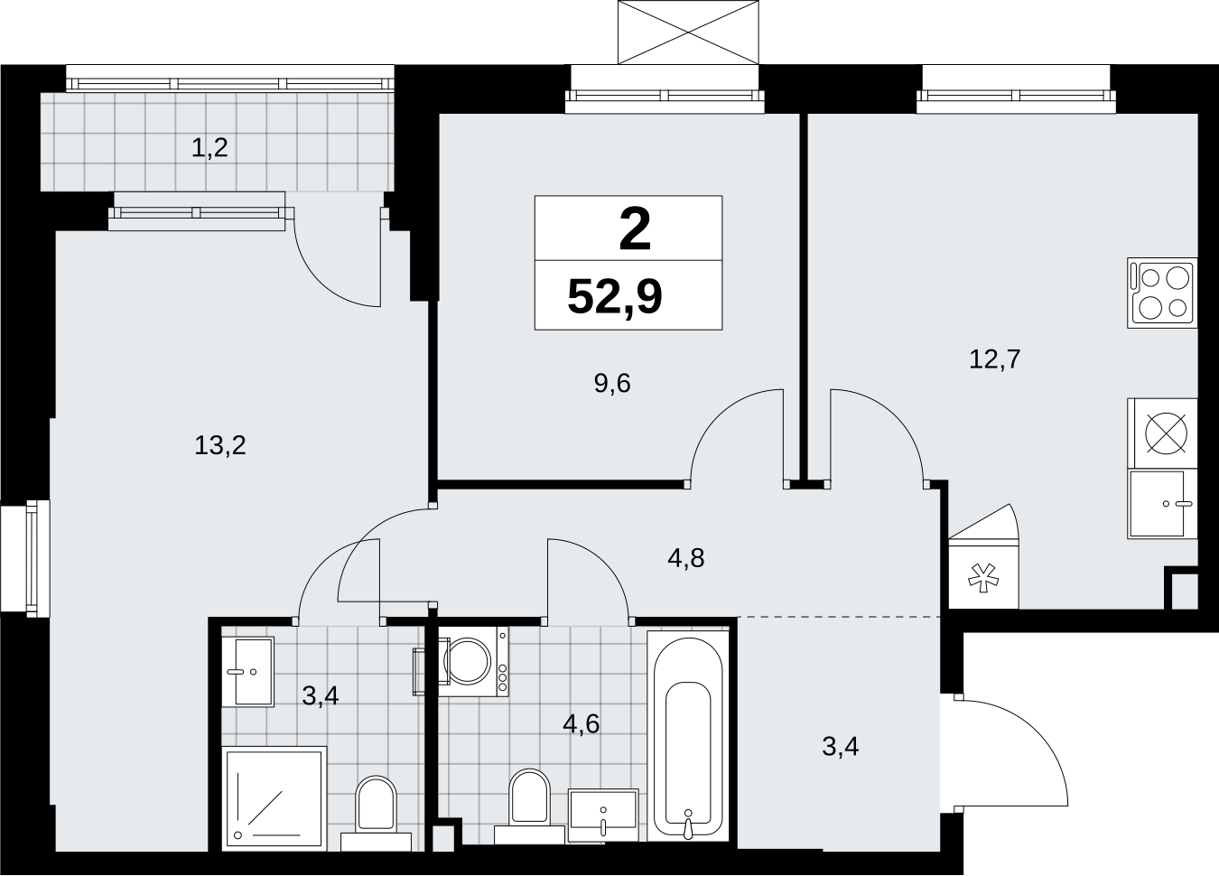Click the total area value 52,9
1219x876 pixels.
(614, 297)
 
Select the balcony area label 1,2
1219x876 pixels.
(209, 148)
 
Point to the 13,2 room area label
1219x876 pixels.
(219, 445)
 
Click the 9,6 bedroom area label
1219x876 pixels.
(612, 384)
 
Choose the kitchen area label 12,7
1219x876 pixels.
(995, 359)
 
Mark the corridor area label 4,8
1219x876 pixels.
(686, 558)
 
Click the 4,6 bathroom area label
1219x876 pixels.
(582, 724)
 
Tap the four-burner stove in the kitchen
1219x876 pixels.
(1162, 293)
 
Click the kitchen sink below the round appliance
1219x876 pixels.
(1163, 504)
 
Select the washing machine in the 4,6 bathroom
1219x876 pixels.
(473, 661)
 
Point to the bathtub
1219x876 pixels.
(688, 737)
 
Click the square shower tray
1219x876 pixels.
(275, 798)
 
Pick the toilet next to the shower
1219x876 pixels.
(376, 813)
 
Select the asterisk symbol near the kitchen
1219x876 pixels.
(983, 578)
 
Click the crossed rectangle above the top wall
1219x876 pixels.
(688, 33)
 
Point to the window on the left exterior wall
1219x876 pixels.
(25, 559)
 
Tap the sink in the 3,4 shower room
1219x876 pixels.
(248, 672)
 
